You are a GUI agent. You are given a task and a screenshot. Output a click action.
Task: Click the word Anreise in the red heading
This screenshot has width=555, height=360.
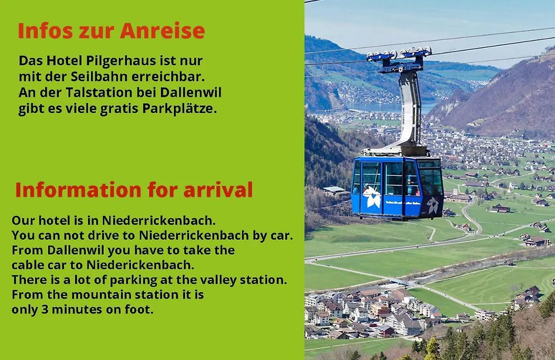pos(162,31)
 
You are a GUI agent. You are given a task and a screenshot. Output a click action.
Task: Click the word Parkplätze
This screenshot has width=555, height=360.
pos(179,109)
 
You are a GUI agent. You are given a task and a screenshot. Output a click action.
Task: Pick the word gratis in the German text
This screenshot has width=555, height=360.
pos(120,109)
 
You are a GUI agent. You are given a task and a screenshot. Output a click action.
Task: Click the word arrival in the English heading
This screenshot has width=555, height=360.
pos(218,190)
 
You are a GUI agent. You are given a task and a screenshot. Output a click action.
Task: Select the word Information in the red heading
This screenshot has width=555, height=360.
pos(79,190)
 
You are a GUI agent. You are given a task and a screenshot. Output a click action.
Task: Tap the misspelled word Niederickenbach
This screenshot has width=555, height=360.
pos(140,265)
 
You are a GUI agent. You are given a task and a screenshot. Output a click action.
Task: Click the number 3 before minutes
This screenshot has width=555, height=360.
pos(45,309)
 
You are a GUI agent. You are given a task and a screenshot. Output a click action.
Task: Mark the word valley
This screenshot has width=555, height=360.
pos(219,280)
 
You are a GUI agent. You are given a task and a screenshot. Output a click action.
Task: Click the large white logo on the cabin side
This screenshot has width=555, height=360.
pos(371,196)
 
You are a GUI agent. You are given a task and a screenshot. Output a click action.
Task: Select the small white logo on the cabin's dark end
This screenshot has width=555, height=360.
pos(432,205)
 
